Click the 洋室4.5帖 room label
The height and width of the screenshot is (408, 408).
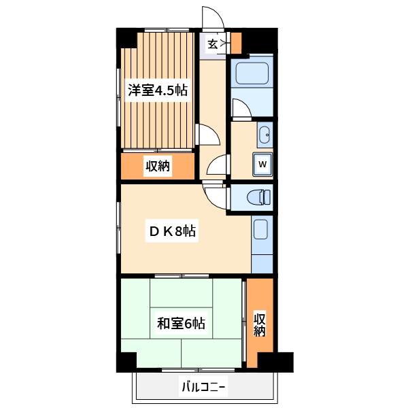click(157, 90)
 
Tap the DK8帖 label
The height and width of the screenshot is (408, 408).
click(173, 232)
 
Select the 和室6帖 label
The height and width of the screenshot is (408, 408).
click(181, 323)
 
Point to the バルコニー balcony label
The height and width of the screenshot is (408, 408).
click(203, 388)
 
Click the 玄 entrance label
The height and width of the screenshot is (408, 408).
click(213, 44)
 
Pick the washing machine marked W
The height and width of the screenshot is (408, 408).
click(262, 164)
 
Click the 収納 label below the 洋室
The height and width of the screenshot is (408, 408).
click(157, 165)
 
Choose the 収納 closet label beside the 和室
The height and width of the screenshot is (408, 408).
click(260, 324)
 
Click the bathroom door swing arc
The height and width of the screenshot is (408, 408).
click(240, 107)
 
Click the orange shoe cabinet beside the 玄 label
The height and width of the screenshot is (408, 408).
click(237, 42)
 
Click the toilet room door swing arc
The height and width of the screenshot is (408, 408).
click(216, 196)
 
